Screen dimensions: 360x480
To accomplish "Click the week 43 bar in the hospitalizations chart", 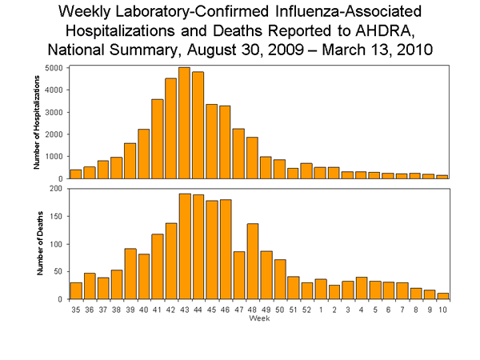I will (184, 122).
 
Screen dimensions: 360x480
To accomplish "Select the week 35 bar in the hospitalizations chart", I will (76, 174).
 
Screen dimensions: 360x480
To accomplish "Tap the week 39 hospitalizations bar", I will (130, 161).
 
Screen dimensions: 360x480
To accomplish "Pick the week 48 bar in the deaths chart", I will (252, 261).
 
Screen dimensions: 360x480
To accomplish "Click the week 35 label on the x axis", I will (76, 308).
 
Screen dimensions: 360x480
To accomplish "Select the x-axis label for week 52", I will (306, 308).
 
